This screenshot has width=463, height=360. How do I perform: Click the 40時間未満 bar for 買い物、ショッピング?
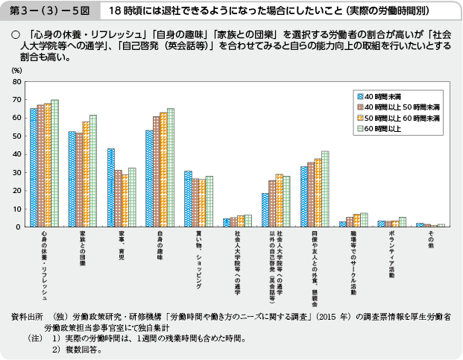[188, 198]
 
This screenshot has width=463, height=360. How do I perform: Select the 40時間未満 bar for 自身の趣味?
[149, 178]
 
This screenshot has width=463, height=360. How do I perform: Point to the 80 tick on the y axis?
[16, 82]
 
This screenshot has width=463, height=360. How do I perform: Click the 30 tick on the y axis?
[16, 172]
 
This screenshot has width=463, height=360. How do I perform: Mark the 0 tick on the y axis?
[19, 227]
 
